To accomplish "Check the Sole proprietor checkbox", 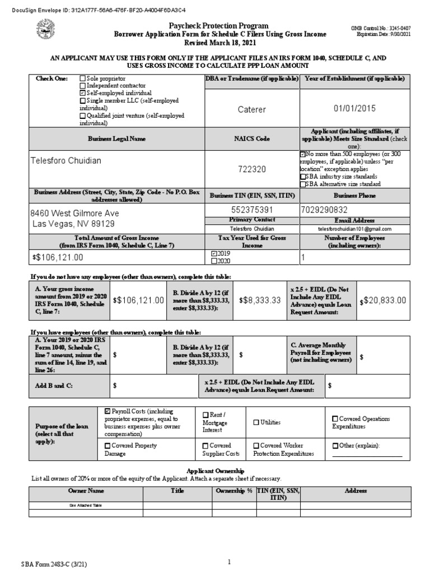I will (83, 79).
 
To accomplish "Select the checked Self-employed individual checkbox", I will (83, 92).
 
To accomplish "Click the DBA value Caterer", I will (251, 109).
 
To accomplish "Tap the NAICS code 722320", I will (251, 169).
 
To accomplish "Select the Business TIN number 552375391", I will (251, 209).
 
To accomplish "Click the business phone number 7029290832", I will (326, 209).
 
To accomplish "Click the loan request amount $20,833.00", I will (386, 300).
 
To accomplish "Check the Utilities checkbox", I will (256, 423).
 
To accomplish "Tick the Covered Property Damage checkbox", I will (108, 446).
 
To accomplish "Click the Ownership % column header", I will (233, 491).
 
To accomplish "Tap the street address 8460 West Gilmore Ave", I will (74, 214).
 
